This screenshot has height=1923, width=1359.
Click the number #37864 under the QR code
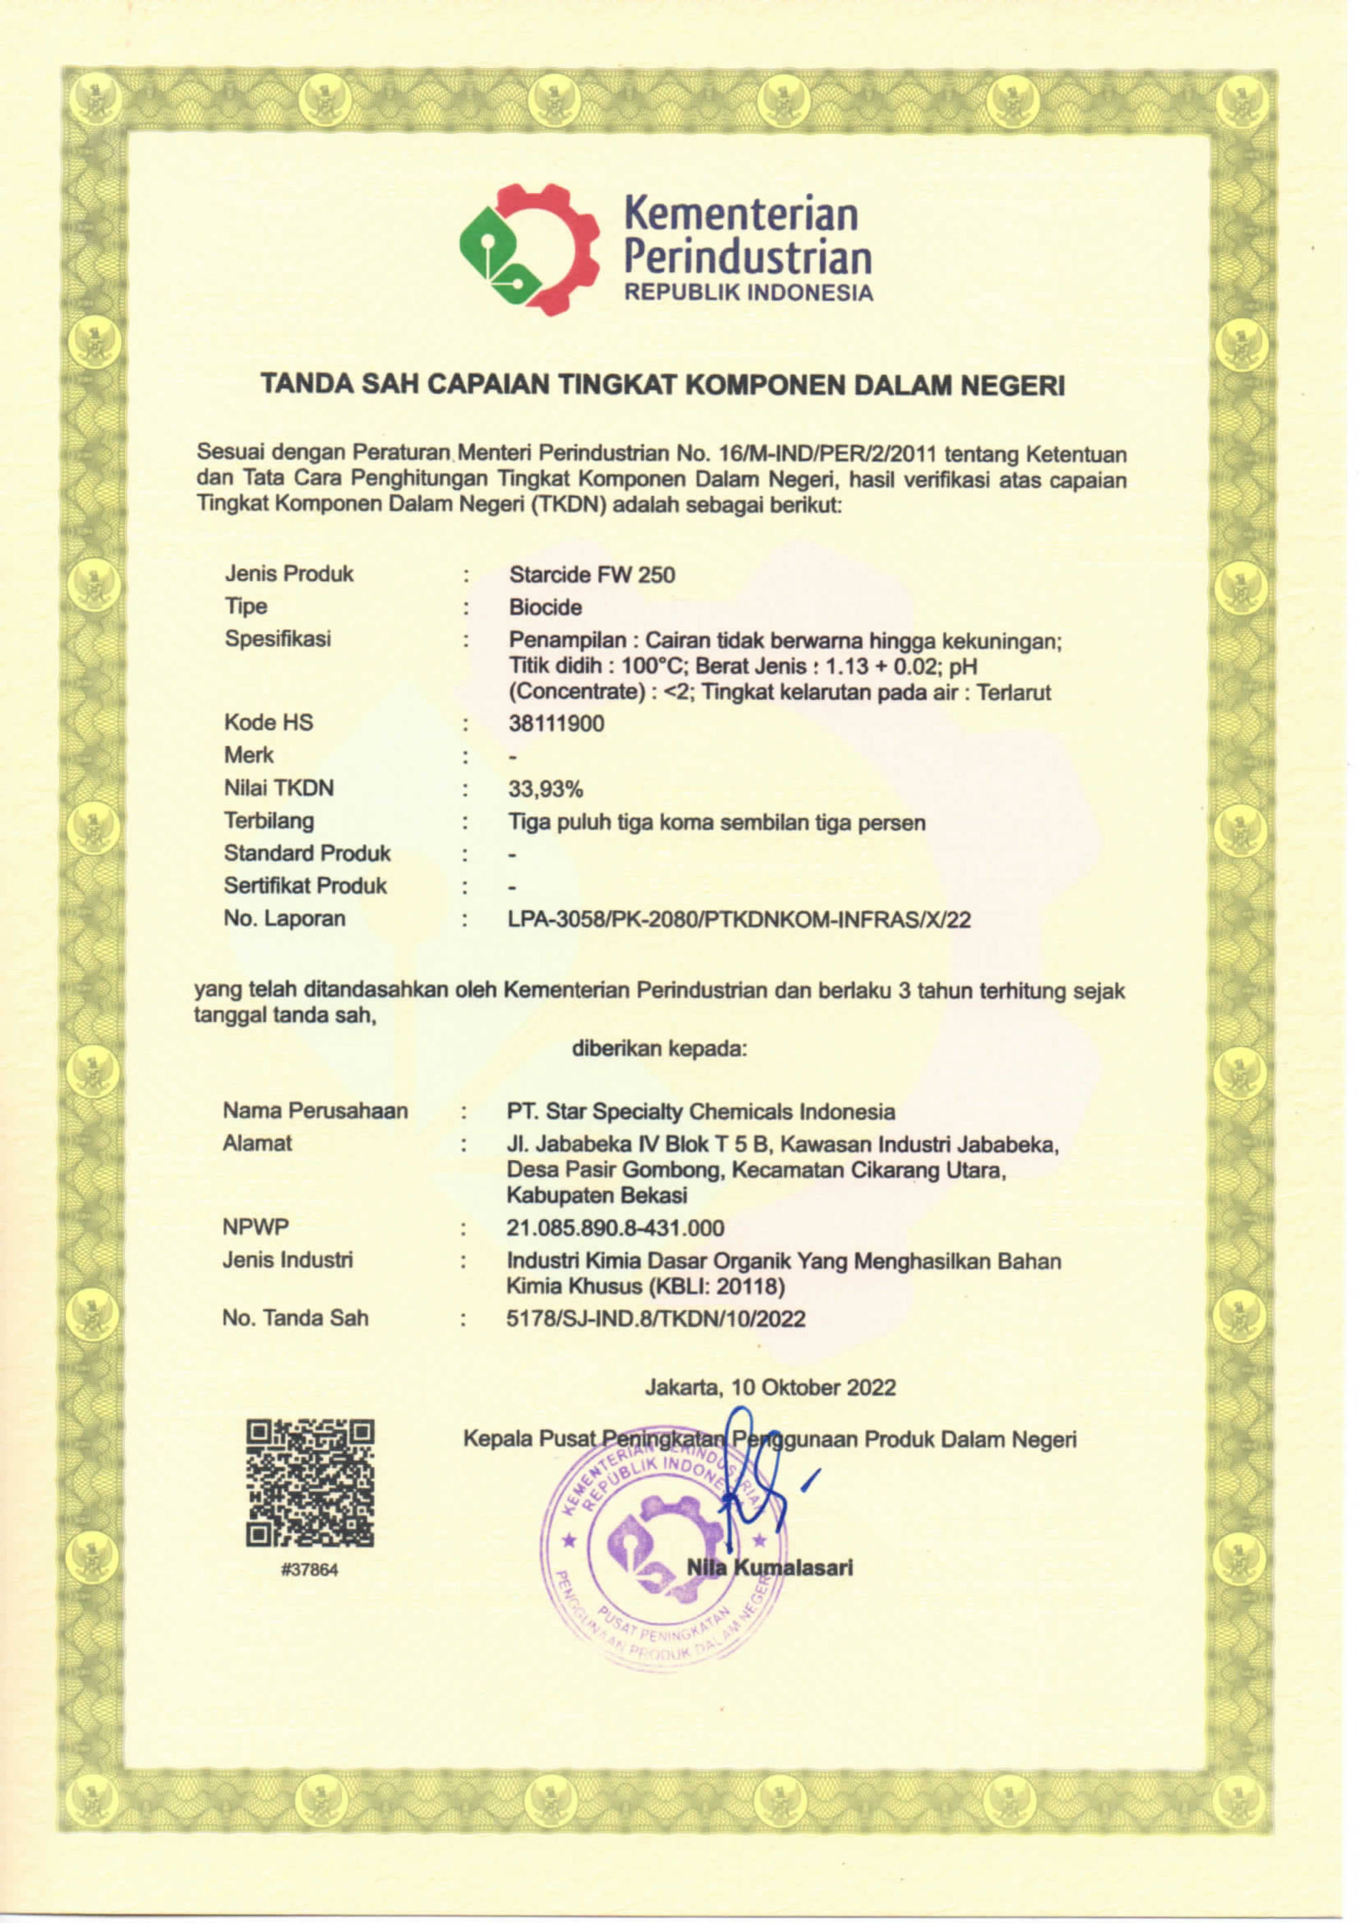310,1570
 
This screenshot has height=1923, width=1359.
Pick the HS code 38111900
556,723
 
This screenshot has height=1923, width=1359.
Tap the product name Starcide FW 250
591,575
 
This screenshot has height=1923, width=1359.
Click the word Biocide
545,607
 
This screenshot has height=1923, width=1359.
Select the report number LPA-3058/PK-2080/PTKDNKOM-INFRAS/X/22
739,919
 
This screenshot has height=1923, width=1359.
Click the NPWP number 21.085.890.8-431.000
614,1228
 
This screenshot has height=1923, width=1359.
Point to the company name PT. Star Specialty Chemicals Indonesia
700,1112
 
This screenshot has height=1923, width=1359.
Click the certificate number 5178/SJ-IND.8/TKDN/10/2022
656,1319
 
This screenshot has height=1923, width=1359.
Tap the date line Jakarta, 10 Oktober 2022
769,1388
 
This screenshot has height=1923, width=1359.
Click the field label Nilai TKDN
279,788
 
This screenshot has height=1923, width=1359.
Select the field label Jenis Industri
287,1260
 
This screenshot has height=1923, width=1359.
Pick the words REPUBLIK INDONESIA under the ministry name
749,292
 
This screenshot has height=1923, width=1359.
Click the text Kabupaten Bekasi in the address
596,1195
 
